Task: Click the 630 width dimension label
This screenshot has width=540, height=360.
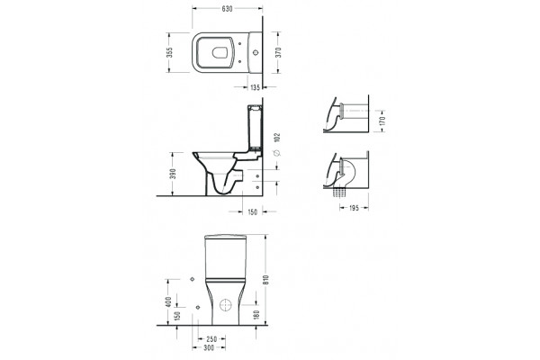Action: (x=227, y=9)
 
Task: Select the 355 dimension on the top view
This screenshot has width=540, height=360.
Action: (x=169, y=53)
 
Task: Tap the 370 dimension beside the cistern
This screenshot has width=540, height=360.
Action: (x=278, y=52)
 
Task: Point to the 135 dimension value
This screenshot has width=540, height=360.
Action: (x=255, y=87)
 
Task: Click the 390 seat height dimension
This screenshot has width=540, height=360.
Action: (x=173, y=174)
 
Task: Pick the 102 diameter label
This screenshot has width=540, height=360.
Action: (x=278, y=138)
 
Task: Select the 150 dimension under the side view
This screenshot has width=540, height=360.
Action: (x=252, y=212)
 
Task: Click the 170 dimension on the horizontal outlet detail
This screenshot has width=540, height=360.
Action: (x=382, y=121)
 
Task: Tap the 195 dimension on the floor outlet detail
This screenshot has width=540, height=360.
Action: (x=354, y=208)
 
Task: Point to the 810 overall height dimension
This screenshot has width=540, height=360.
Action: (x=265, y=280)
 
